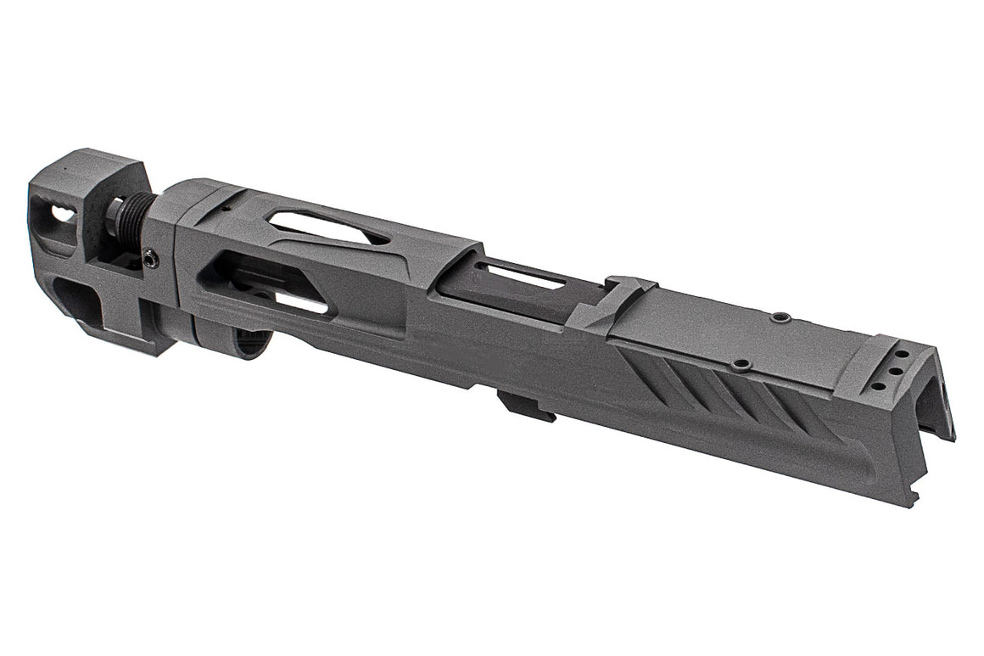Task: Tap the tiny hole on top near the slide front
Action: pos(226,206)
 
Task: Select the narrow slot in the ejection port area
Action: pos(518,277)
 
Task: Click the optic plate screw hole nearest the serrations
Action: pos(741,365)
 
